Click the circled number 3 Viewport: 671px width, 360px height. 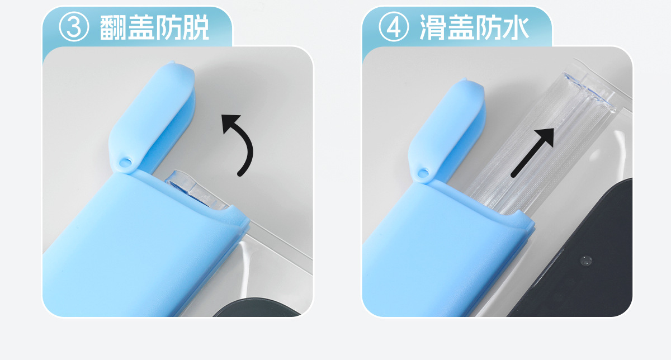74,27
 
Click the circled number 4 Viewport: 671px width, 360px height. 394,27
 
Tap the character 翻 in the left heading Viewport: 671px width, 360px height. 112,27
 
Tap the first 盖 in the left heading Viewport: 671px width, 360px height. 140,27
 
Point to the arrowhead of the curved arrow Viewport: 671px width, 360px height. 230,122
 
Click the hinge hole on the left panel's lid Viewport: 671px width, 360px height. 125,163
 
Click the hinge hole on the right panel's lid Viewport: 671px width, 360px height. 423,173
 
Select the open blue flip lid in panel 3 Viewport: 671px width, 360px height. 152,119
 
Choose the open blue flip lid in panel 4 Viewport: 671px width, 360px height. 446,130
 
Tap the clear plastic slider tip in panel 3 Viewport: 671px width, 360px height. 195,190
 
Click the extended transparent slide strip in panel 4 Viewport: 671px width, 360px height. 539,144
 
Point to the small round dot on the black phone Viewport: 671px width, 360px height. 586,260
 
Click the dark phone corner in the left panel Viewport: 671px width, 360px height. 257,307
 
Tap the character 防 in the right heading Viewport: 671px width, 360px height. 488,27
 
